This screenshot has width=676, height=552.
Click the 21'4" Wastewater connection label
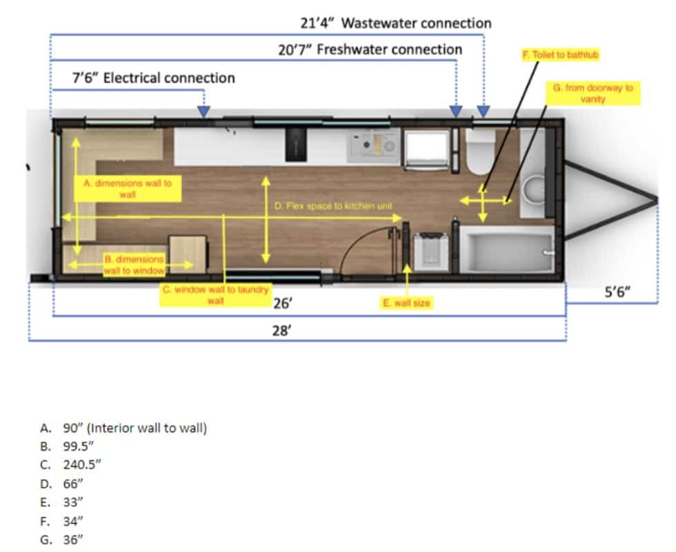(396, 23)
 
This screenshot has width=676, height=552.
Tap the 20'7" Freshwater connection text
(370, 50)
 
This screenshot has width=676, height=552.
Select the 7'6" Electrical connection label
(153, 78)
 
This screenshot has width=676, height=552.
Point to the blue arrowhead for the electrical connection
(203, 112)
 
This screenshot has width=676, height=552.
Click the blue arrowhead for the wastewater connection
(484, 112)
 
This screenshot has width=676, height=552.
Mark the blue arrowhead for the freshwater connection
(456, 112)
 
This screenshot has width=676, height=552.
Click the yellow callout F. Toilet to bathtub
(560, 55)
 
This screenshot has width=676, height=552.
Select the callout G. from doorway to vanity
(593, 93)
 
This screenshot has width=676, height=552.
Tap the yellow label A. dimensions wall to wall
(128, 189)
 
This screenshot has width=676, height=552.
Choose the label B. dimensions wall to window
(134, 265)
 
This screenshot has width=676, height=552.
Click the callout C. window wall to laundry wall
(215, 294)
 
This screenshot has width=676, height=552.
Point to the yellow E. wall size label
(406, 303)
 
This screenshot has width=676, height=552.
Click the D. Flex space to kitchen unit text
(333, 206)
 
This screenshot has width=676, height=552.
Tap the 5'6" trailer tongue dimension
(617, 292)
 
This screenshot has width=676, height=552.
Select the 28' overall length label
(282, 331)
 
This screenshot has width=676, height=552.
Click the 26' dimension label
(283, 303)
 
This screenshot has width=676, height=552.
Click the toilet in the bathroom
(481, 152)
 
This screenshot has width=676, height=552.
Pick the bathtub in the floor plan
(506, 249)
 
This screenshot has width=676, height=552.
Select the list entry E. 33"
(61, 502)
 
